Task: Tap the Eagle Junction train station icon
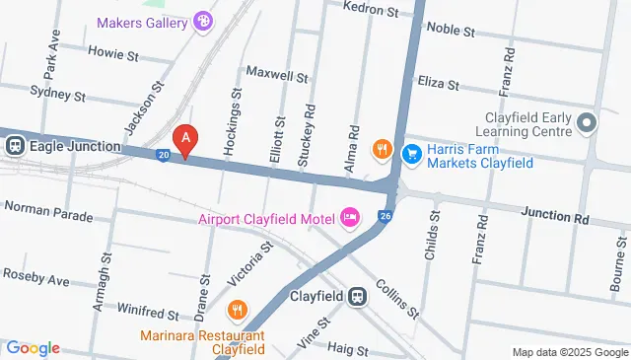16,146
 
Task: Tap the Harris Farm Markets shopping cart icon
412,153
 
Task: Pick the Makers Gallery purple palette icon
203,21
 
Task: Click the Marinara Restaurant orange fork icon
237,312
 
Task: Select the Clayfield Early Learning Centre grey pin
587,123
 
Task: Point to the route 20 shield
164,154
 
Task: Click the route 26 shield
386,216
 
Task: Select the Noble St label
465,29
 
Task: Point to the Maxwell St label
277,74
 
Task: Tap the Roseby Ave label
35,277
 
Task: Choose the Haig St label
347,350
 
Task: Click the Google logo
33,348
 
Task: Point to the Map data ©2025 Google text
568,352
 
